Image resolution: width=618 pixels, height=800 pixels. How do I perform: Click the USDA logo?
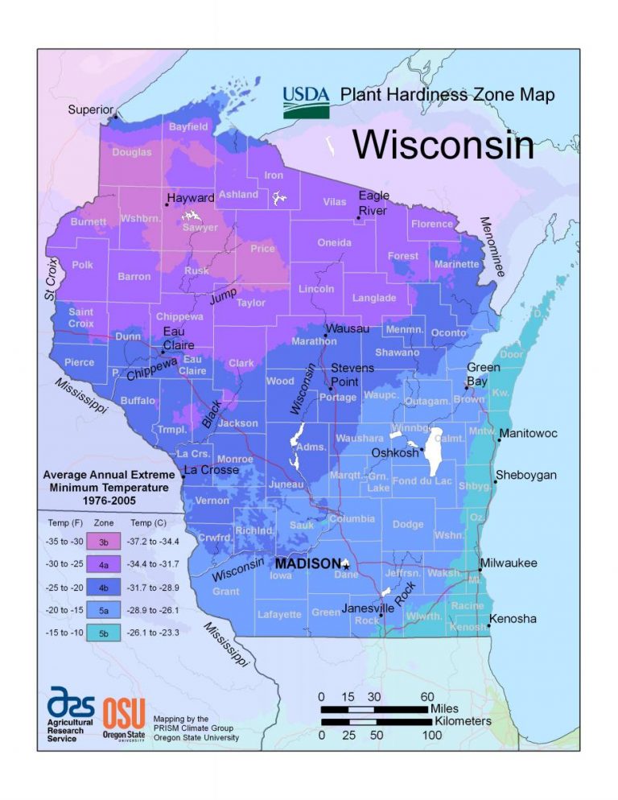click(x=306, y=101)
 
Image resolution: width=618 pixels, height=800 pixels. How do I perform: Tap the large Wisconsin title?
click(x=443, y=145)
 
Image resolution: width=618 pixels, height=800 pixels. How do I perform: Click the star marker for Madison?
click(x=346, y=565)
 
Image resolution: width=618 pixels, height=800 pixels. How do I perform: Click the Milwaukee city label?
click(x=508, y=563)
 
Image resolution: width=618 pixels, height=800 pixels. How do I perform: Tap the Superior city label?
click(x=90, y=109)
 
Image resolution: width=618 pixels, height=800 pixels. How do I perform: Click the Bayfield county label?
click(x=188, y=127)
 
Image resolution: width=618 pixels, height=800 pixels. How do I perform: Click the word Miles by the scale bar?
click(x=449, y=708)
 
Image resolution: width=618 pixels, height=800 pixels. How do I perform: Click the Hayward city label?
click(x=191, y=198)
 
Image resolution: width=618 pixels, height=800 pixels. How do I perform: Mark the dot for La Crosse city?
click(x=183, y=477)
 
